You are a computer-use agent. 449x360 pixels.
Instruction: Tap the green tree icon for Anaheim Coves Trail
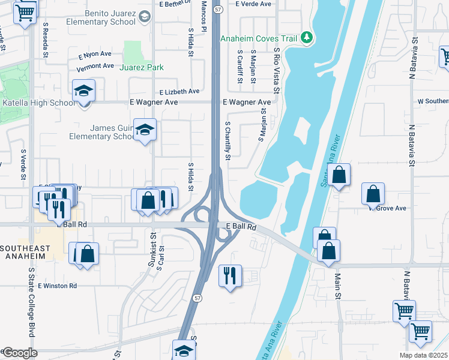click(x=307, y=38)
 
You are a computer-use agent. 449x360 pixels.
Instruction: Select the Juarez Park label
click(x=142, y=68)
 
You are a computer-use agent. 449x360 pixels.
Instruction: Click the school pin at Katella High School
click(x=83, y=91)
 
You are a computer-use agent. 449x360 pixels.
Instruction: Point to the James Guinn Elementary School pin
click(x=144, y=130)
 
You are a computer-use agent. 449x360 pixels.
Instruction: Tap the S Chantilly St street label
click(x=228, y=141)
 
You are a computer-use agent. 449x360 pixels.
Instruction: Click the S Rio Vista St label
click(x=277, y=71)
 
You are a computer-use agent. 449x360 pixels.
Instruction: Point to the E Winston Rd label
click(x=58, y=286)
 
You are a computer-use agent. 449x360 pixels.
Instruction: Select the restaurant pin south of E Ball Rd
click(x=230, y=276)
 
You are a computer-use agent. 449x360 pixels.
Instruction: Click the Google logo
click(x=20, y=353)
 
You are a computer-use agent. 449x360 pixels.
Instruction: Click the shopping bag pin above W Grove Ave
click(x=373, y=194)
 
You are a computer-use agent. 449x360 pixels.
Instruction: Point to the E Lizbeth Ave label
click(x=179, y=92)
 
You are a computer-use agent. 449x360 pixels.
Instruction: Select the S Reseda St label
click(x=46, y=39)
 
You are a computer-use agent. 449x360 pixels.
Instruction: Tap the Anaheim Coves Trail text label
click(x=259, y=38)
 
